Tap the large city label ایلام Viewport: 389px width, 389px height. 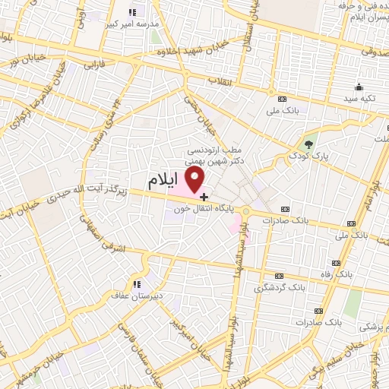163,182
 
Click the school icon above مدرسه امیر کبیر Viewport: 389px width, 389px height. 134,11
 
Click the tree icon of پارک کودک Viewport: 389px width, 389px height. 308,144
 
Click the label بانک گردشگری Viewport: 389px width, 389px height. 278,288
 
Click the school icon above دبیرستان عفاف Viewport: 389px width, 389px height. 138,284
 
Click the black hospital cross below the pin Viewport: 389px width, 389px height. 204,197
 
